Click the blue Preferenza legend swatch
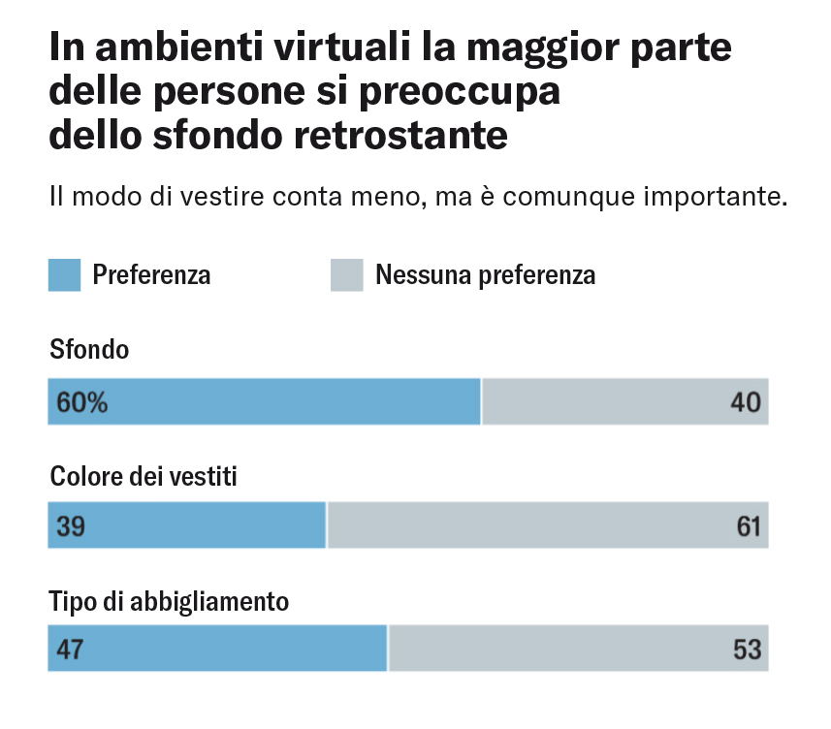coord(64,275)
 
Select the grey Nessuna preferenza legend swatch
coord(346,275)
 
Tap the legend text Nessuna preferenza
coord(485,275)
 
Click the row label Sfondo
coord(89,350)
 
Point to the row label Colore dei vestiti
coord(144,477)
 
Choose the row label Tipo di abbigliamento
coord(169,602)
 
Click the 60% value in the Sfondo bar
coord(82,402)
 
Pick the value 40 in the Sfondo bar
coord(747,402)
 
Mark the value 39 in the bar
coord(71,526)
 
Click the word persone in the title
coord(233,92)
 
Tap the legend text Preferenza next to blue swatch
coord(151,275)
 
